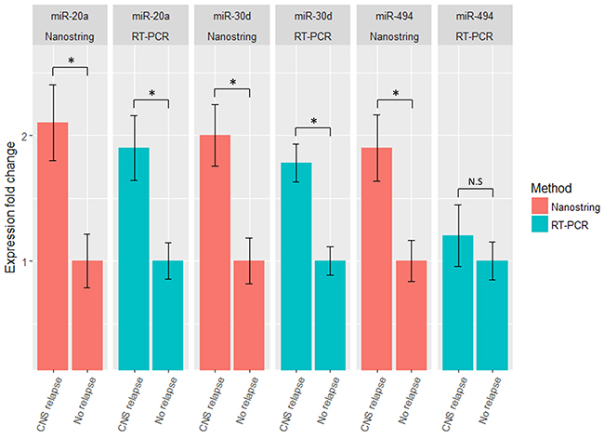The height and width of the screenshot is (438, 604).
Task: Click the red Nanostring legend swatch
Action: (x=540, y=205)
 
